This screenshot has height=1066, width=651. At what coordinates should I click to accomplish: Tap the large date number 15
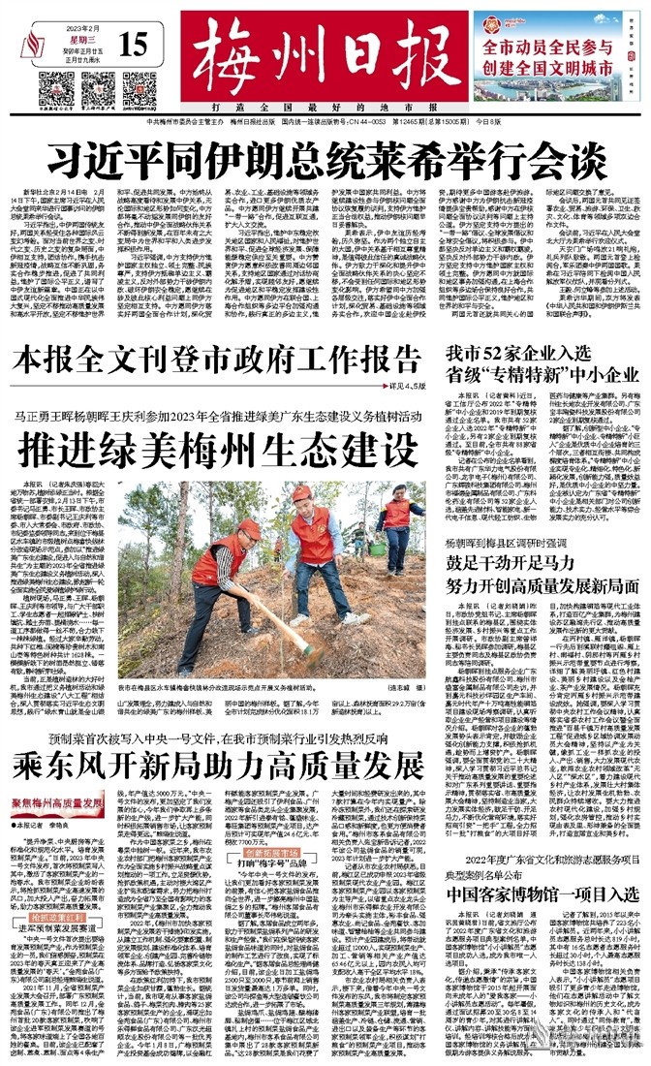click(135, 45)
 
